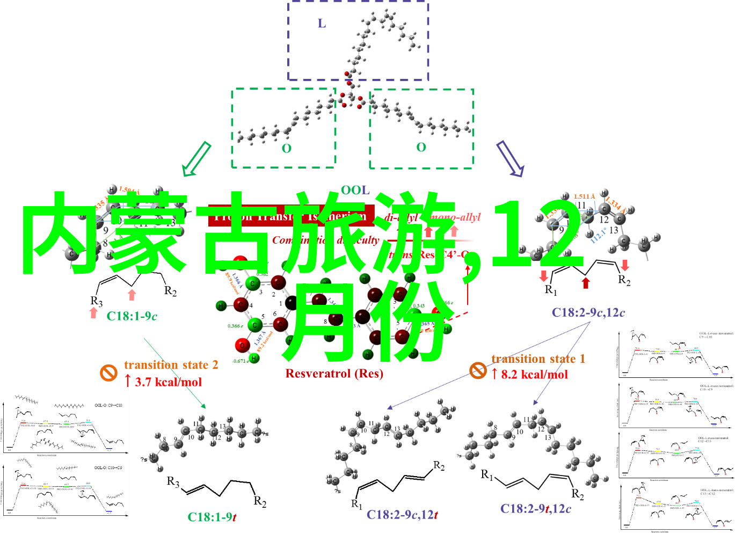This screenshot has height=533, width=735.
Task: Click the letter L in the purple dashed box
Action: [322, 23]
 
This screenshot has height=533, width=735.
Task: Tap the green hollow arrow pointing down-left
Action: [196, 159]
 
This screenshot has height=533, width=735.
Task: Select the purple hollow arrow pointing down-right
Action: [510, 159]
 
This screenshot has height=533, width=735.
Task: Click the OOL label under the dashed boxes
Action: [355, 190]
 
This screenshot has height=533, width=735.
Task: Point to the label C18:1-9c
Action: [132, 316]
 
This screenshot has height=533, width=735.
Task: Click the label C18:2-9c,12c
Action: [588, 312]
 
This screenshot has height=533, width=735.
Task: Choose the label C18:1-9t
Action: [212, 517]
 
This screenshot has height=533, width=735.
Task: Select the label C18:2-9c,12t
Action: [402, 515]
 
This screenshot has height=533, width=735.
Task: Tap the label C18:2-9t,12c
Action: [535, 509]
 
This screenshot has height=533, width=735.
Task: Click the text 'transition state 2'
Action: [171, 365]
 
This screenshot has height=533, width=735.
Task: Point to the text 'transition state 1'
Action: [538, 359]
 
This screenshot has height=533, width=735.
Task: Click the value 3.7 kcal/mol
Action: [168, 382]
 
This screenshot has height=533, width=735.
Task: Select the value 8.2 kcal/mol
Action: [534, 374]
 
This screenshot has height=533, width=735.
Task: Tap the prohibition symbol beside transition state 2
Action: [108, 373]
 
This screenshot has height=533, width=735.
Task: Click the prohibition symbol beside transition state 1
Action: [478, 370]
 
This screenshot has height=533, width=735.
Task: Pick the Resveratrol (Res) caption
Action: [334, 373]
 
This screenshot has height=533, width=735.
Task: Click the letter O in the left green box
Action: [287, 149]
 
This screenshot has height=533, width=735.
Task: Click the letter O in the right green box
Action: [421, 147]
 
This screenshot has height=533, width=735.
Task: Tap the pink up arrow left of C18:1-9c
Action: [94, 313]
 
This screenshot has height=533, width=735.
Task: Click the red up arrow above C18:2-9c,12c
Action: [586, 283]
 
